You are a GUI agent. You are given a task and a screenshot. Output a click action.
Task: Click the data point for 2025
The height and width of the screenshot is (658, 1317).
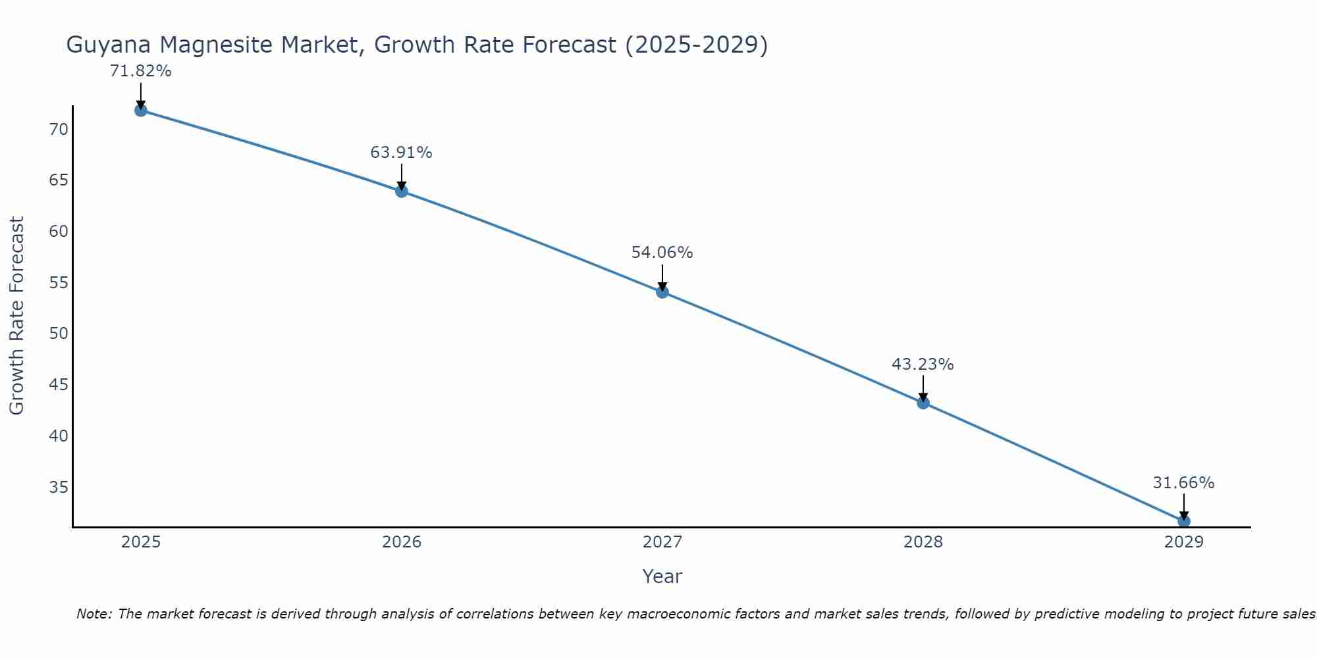[x=140, y=110]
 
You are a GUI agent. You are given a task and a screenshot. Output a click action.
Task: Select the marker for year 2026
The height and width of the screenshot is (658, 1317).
[x=402, y=191]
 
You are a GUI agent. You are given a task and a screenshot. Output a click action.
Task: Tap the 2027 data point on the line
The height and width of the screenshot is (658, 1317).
[x=662, y=291]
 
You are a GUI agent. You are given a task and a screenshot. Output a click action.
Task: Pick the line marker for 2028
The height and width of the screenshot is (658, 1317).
[x=923, y=403]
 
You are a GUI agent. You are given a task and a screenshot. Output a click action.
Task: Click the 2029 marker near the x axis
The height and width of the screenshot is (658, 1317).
[x=1183, y=521]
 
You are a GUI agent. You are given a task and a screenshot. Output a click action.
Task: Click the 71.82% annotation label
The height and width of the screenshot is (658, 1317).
[x=140, y=71]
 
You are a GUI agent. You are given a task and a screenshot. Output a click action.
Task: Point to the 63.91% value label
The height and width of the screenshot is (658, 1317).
[x=401, y=153]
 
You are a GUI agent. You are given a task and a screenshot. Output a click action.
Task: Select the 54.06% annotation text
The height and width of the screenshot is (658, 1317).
[x=662, y=253]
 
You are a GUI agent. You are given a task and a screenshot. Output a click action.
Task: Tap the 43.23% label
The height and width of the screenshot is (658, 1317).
[x=923, y=365]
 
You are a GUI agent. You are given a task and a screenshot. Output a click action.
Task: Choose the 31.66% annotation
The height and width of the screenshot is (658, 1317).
[x=1183, y=483]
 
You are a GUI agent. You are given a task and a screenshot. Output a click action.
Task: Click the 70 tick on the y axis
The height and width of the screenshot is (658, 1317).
[x=59, y=129]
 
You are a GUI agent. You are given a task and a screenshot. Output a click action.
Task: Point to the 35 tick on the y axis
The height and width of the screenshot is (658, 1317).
[x=59, y=488]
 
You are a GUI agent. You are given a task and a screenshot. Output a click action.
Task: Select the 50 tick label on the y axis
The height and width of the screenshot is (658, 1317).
[x=59, y=334]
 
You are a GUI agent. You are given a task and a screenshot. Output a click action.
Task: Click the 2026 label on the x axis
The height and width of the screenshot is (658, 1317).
[x=402, y=542]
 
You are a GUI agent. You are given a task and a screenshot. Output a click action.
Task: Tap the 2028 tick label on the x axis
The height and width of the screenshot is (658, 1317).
[x=923, y=542]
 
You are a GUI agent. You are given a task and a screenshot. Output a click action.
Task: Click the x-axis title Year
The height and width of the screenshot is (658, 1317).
[x=662, y=576]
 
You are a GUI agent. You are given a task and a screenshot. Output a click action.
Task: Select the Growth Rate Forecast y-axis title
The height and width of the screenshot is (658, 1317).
[x=16, y=316]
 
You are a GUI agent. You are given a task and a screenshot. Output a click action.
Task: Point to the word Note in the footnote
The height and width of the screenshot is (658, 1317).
[x=94, y=614]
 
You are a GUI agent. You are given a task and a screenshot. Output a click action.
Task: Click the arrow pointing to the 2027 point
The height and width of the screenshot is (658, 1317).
[x=662, y=276]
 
